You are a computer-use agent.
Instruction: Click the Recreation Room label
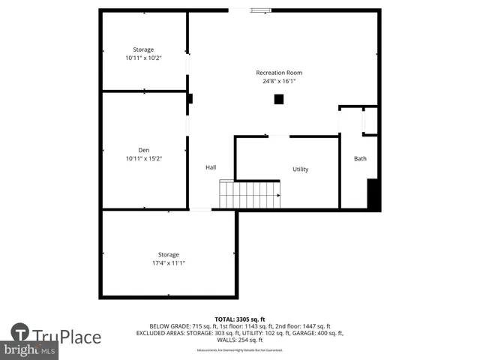point(279,73)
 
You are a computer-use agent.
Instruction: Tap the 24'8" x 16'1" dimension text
point(279,81)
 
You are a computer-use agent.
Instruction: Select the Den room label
point(143,151)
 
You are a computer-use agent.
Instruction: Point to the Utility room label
point(300,169)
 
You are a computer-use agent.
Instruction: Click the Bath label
point(360,159)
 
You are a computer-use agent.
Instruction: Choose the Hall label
point(211,167)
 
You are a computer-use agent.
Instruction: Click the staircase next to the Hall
point(250,195)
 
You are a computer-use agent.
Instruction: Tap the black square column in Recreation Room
point(278,99)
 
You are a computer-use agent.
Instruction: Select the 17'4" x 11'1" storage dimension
point(168,263)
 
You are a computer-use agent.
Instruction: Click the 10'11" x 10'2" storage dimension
point(143,58)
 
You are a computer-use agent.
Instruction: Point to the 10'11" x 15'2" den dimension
point(143,159)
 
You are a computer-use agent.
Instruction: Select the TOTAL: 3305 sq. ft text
point(240,319)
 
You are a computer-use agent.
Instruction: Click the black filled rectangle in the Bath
point(373,194)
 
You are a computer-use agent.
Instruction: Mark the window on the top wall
point(260,10)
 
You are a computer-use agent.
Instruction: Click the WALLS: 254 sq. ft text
point(240,340)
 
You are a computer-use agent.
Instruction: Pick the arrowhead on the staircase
point(277,195)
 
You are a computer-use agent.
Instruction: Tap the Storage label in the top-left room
point(143,49)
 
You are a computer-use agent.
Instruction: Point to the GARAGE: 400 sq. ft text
point(321,333)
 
